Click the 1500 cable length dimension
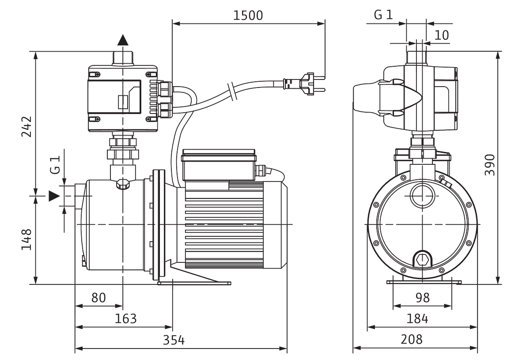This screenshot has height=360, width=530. coord(249,15)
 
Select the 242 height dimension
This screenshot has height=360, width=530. coord(28,127)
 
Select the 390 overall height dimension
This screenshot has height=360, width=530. coord(490,165)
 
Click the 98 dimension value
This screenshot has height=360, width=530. coord(423,298)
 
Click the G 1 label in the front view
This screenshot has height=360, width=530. coord(382,16)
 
